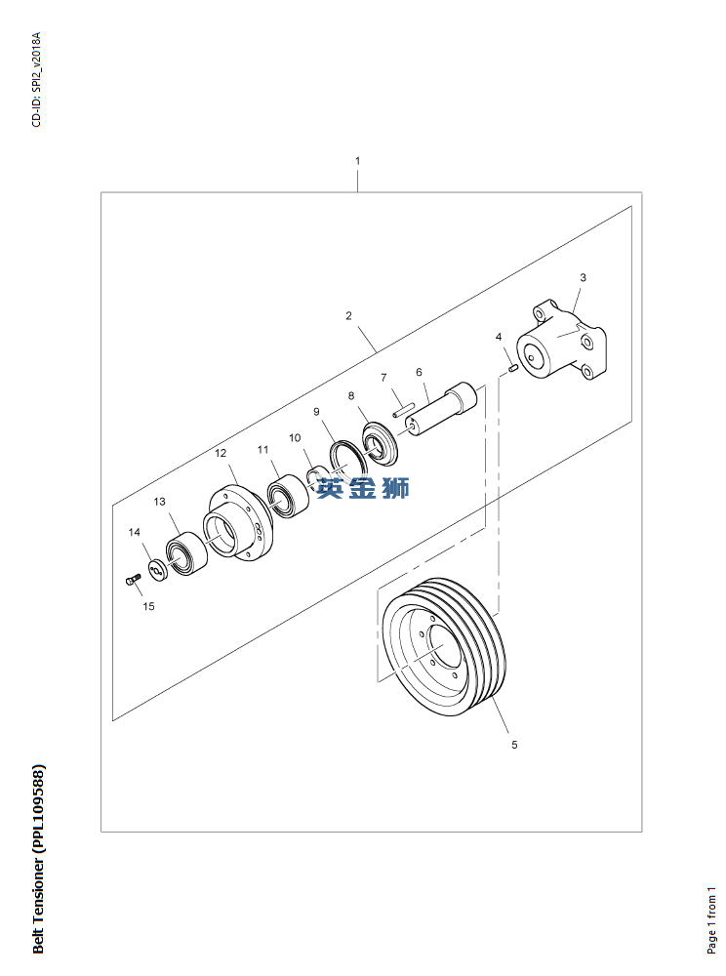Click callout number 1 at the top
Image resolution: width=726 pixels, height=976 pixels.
click(x=357, y=160)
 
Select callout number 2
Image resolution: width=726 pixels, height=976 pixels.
click(x=348, y=316)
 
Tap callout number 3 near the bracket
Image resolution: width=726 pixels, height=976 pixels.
click(x=583, y=278)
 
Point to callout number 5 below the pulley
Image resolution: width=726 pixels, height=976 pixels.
click(x=514, y=747)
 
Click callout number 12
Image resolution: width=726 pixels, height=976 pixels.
click(x=221, y=453)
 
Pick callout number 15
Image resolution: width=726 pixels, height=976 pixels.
click(x=148, y=606)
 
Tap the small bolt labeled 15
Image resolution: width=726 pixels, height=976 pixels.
click(x=134, y=580)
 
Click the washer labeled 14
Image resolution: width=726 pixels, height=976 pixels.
click(x=156, y=569)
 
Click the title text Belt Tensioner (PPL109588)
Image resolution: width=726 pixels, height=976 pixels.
click(x=38, y=860)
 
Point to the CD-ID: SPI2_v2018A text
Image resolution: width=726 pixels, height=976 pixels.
click(x=37, y=80)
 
